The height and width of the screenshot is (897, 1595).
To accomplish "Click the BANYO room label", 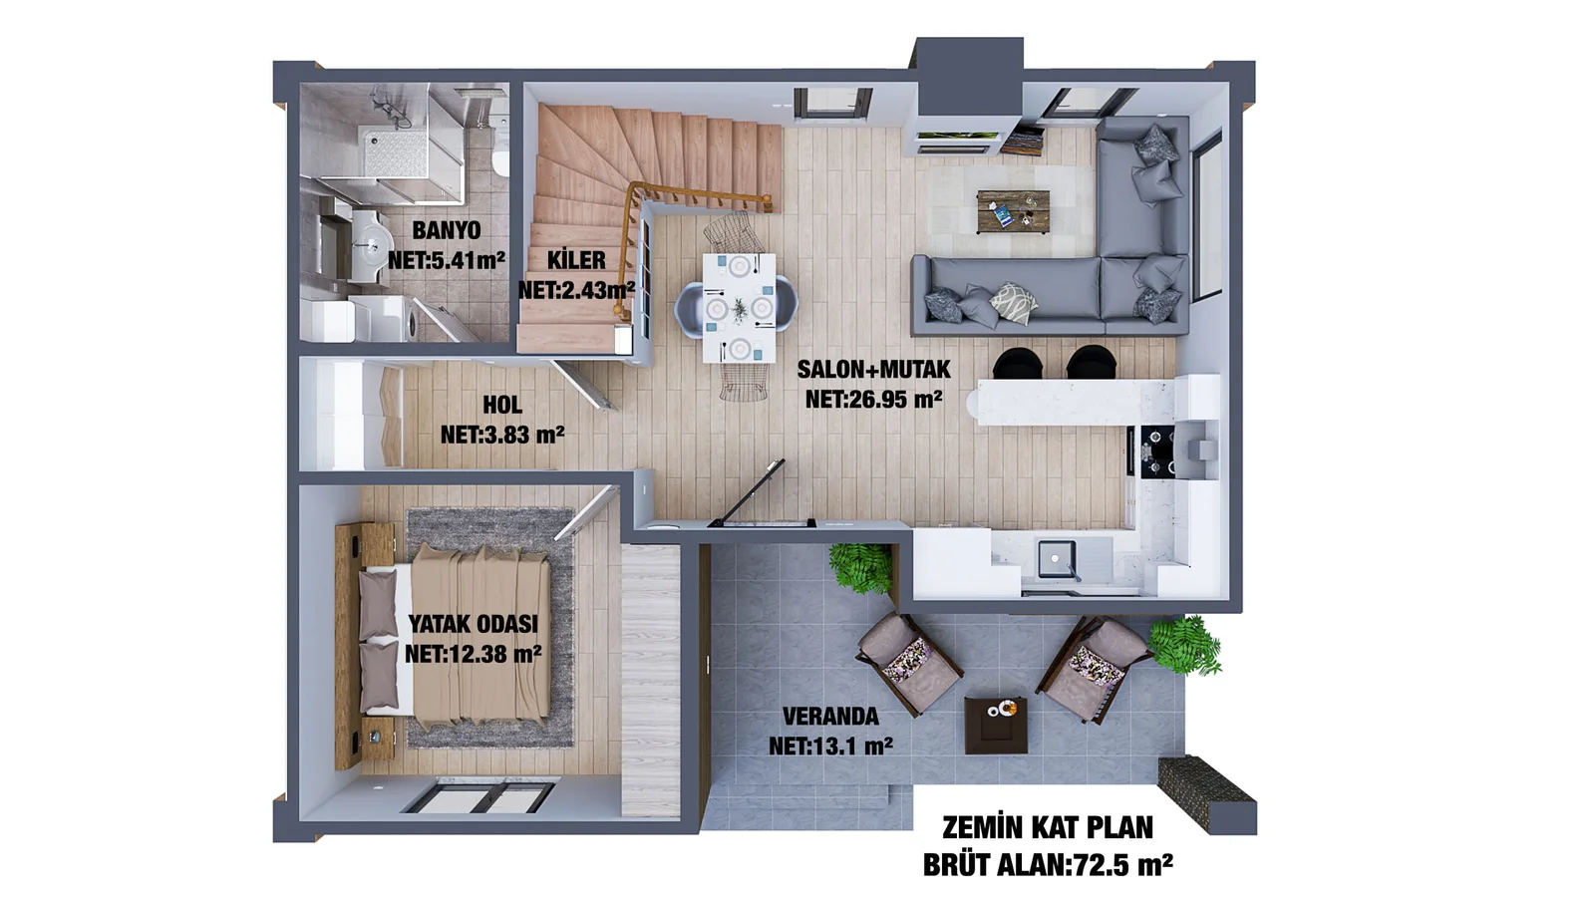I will [446, 230].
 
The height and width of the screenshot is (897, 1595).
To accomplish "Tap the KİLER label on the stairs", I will [576, 260].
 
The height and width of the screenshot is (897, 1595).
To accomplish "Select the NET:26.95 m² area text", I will [873, 399].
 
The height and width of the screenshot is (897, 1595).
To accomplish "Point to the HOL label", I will [502, 405].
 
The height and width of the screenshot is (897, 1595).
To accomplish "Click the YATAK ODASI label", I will [473, 624].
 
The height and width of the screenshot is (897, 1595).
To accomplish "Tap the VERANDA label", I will [829, 717].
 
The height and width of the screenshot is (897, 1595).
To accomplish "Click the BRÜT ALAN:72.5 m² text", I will [1047, 864].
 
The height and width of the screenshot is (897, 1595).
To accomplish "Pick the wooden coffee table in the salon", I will [1013, 211].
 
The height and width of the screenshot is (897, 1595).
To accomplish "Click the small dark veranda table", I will [996, 725].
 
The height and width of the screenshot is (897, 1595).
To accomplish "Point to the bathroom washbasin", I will [372, 240].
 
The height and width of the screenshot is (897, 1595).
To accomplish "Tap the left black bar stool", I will [1017, 363].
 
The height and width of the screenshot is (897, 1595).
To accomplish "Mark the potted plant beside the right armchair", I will [1183, 643].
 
